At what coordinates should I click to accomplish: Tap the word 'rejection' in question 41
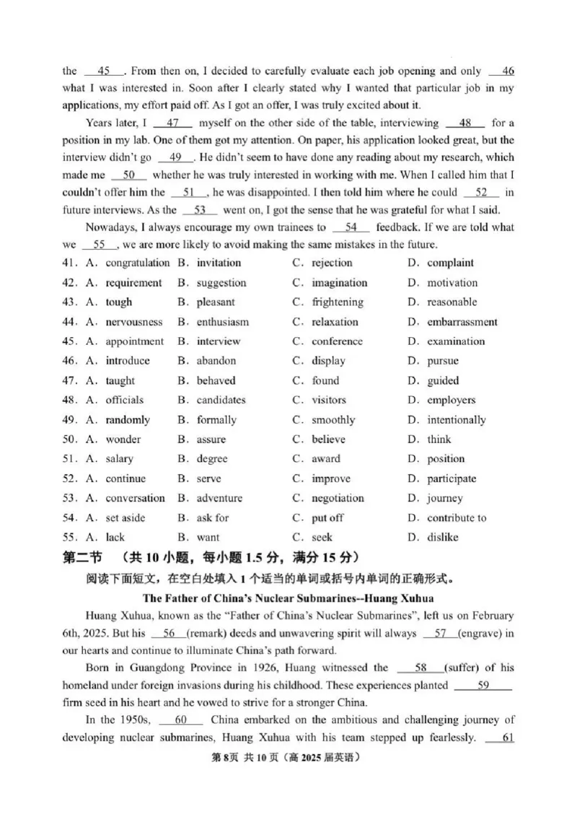pyautogui.click(x=332, y=263)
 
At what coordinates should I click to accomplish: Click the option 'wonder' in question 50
pyautogui.click(x=123, y=439)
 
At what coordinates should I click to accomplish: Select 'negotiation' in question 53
pyautogui.click(x=338, y=498)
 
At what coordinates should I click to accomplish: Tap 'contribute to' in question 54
pyautogui.click(x=457, y=517)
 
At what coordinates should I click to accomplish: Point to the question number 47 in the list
pyautogui.click(x=69, y=380)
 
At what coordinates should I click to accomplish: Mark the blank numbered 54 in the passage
pyautogui.click(x=351, y=227)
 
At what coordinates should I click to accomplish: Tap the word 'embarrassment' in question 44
pyautogui.click(x=462, y=322)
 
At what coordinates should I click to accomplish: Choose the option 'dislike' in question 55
pyautogui.click(x=443, y=537)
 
